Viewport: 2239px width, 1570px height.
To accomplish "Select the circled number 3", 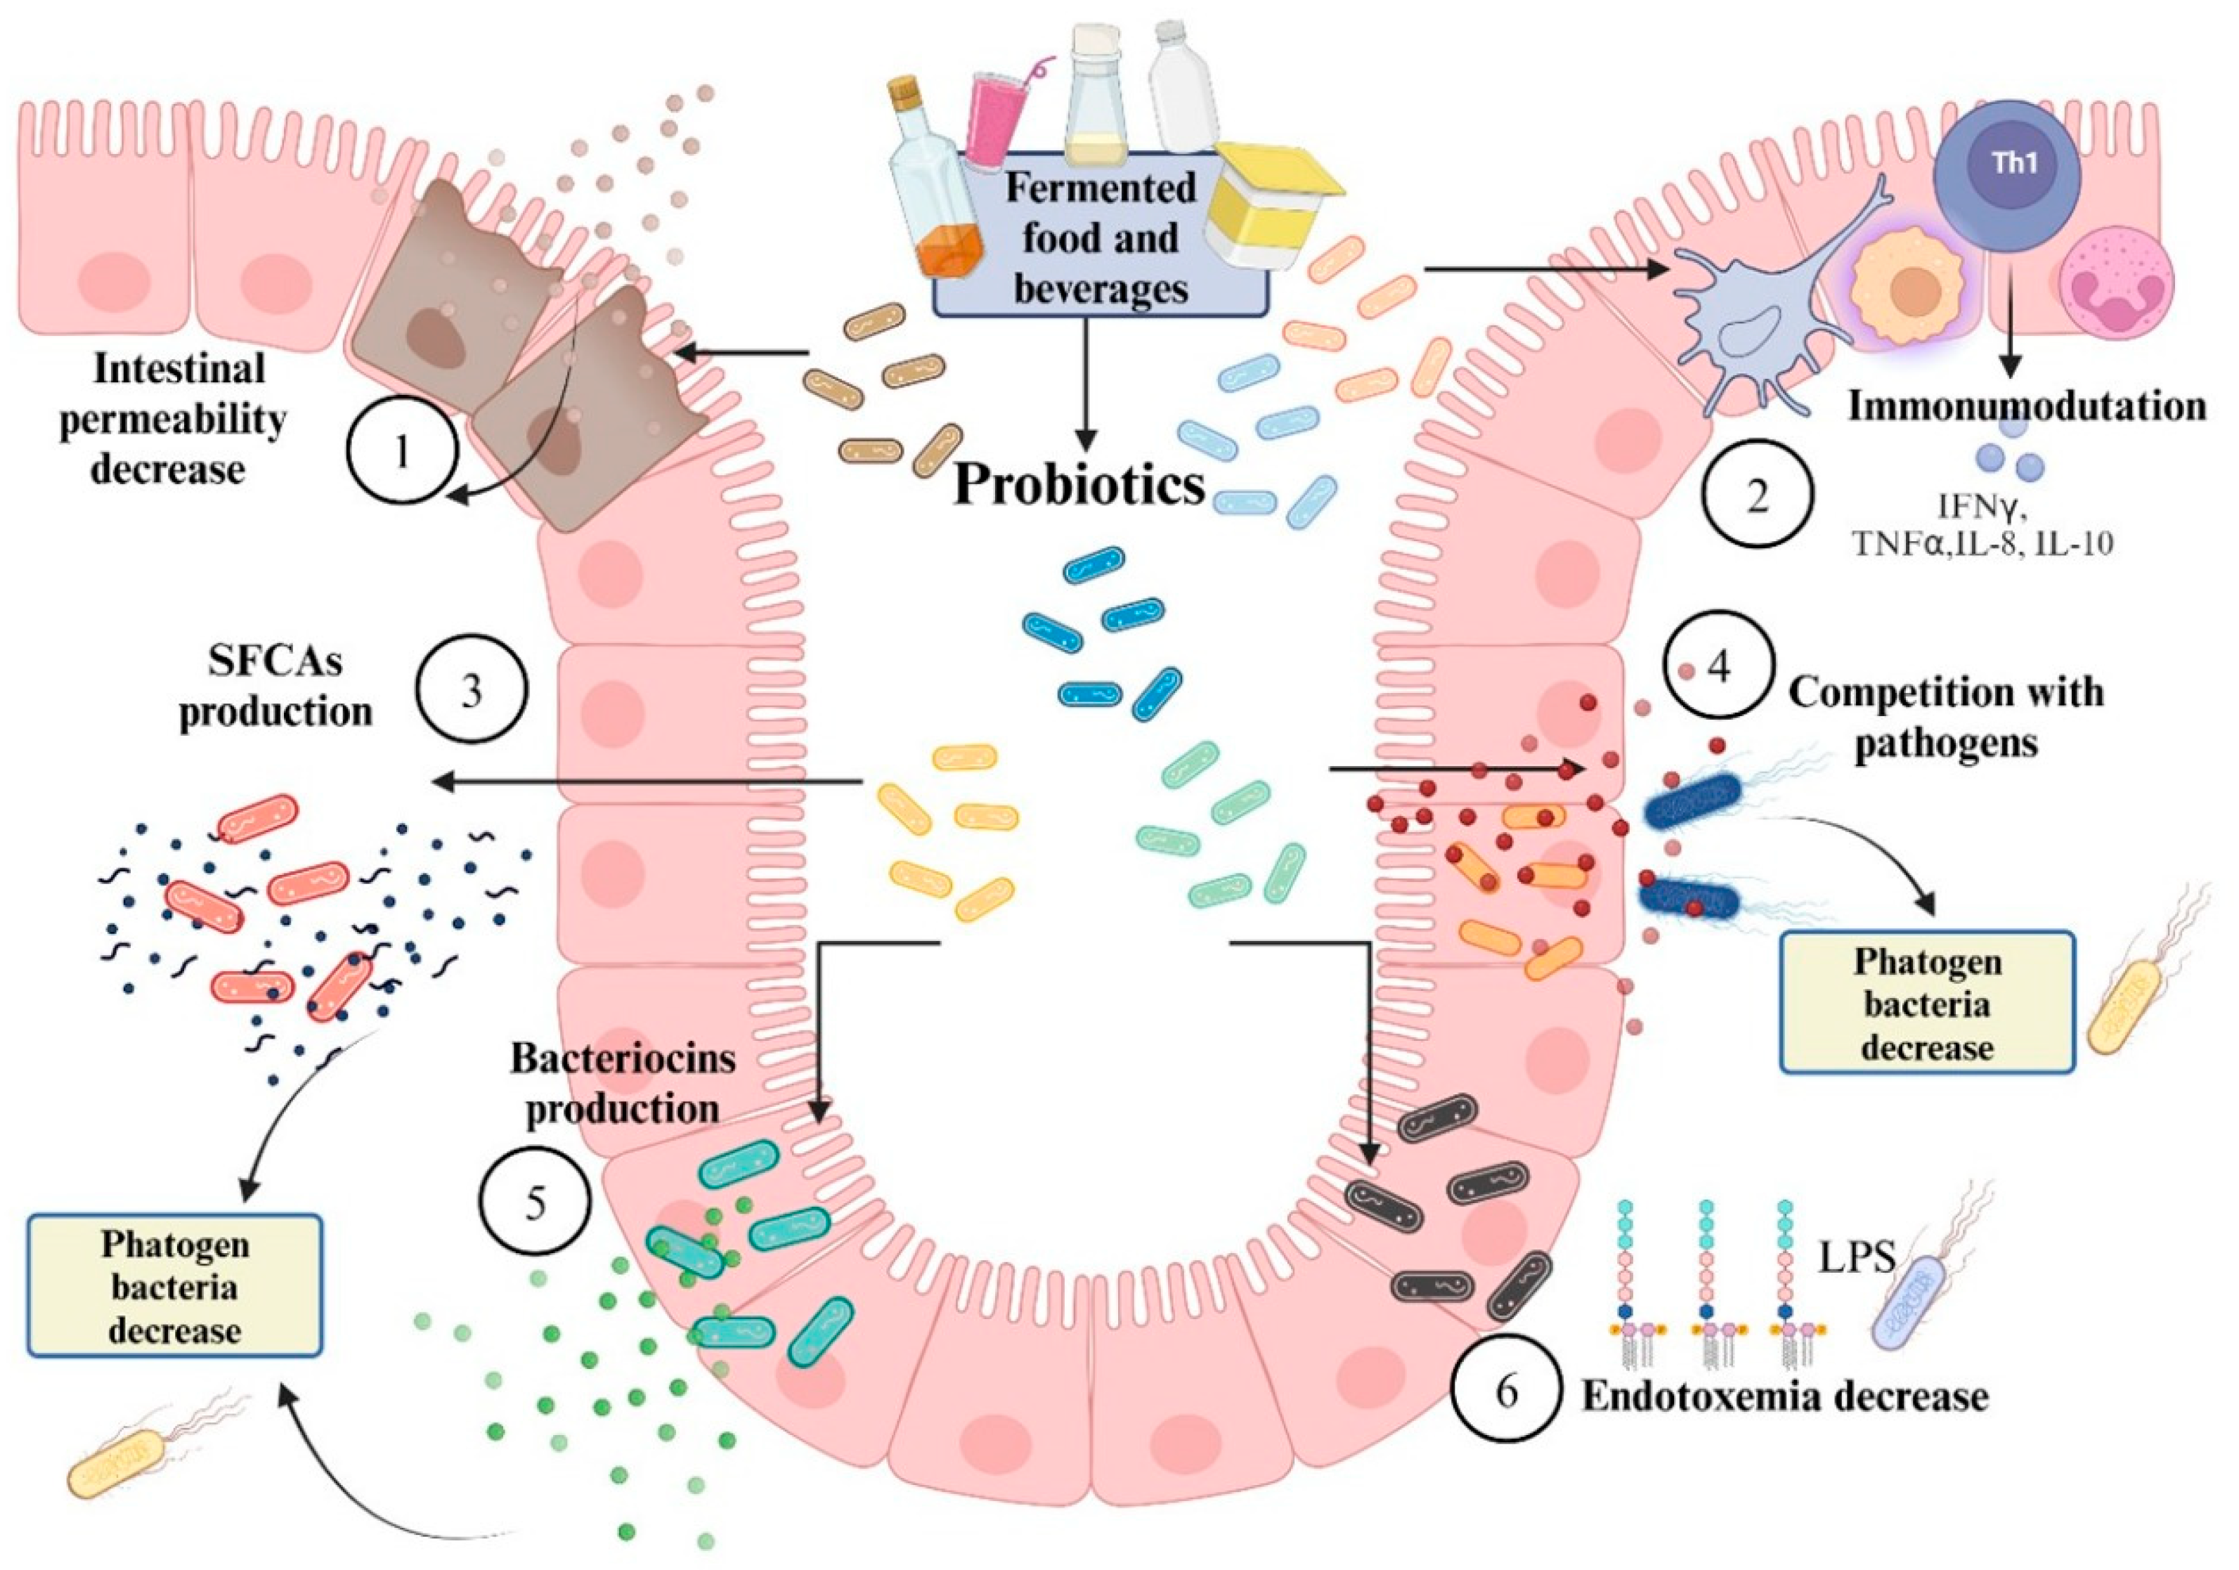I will pyautogui.click(x=472, y=690).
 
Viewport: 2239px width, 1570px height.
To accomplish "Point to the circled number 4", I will pyautogui.click(x=1719, y=667).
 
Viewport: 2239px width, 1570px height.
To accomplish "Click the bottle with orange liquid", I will pyautogui.click(x=926, y=186).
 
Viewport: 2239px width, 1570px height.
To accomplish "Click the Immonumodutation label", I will pyautogui.click(x=2026, y=406).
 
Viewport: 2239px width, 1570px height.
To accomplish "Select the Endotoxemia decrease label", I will pyautogui.click(x=1784, y=1396).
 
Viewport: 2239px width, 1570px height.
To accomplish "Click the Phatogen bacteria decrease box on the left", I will pyautogui.click(x=174, y=1286).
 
